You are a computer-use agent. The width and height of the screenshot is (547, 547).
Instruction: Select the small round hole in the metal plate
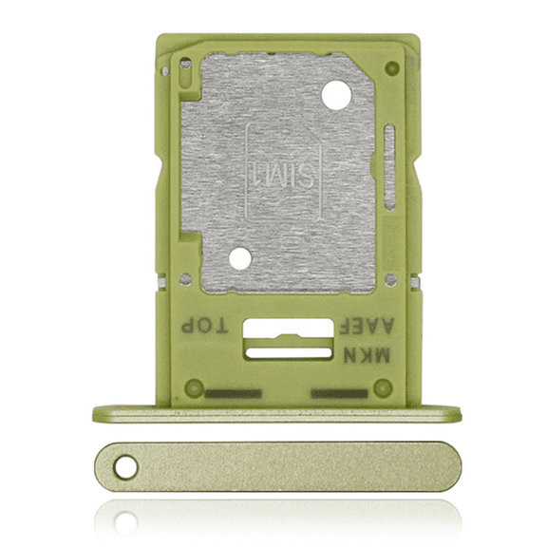[240, 258]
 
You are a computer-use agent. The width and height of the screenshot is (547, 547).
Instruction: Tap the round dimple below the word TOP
[194, 387]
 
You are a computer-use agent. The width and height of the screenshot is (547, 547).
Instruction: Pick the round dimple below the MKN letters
[383, 387]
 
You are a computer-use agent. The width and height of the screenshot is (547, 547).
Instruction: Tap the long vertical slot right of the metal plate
[388, 167]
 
